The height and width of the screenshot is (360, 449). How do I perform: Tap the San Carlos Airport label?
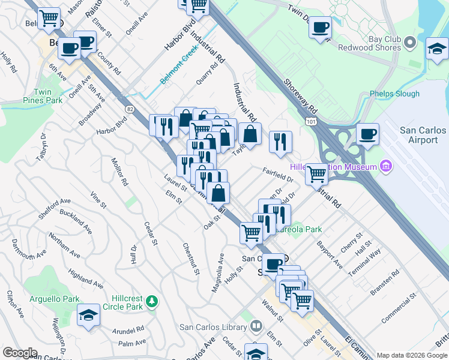click(x=423, y=135)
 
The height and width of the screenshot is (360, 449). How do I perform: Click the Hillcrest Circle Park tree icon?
click(x=152, y=300)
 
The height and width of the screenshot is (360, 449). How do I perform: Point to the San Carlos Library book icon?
click(x=256, y=327)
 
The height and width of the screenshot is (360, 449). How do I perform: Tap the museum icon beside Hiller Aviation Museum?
click(x=385, y=166)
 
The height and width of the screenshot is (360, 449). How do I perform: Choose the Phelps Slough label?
click(x=395, y=94)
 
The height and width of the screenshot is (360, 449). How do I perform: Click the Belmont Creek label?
click(x=178, y=75)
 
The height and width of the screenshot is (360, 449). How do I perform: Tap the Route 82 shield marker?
click(x=130, y=108)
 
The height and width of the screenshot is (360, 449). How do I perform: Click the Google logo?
click(x=20, y=353)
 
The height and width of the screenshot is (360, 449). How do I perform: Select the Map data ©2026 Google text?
click(x=411, y=355)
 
